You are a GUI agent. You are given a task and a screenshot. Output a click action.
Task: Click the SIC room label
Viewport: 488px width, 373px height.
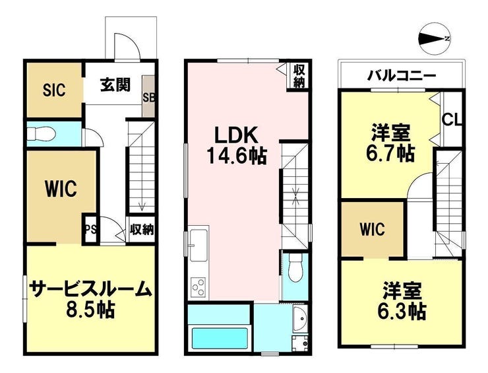click(x=54, y=90)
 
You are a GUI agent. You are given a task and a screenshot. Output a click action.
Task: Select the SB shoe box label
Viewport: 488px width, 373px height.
click(x=149, y=98)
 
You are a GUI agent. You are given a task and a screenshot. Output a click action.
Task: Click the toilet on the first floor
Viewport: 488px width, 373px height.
click(x=41, y=134)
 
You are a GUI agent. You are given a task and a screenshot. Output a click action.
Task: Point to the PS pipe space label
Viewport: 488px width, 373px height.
click(x=91, y=230)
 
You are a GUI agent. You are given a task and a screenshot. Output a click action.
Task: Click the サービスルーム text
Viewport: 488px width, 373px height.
click(x=90, y=289)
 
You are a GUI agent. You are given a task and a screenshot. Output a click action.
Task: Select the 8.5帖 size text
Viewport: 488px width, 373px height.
click(x=90, y=310)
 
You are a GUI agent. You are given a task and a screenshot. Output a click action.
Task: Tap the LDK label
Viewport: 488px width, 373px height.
click(x=236, y=136)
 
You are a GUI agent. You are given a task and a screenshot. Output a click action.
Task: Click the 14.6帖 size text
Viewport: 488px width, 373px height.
click(x=237, y=156)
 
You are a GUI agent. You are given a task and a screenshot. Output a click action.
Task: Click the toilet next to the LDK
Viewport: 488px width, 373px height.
click(x=294, y=269)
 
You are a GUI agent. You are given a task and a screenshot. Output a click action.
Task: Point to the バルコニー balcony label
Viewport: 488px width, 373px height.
click(x=402, y=75)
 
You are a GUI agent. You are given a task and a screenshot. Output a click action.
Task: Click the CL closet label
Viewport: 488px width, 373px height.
click(x=452, y=119)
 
